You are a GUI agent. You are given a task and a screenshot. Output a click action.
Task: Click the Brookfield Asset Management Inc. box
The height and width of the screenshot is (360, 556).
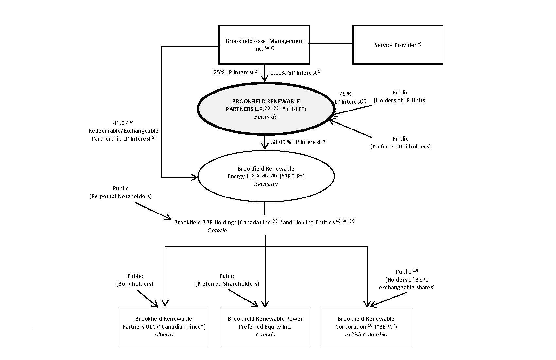click(x=264, y=44)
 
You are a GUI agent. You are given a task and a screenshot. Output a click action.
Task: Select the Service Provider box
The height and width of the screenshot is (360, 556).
click(x=397, y=45)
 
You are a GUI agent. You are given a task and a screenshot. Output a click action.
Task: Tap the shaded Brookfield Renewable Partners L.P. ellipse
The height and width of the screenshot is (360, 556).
click(x=266, y=109)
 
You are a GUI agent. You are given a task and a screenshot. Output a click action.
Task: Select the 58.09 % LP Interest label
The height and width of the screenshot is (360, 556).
click(x=298, y=142)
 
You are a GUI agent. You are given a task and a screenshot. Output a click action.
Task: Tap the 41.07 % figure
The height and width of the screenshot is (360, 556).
click(x=123, y=123)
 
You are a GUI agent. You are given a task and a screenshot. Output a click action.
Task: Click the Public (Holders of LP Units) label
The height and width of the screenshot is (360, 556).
click(x=400, y=96)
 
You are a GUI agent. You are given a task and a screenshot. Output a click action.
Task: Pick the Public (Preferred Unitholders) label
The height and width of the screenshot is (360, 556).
click(x=400, y=143)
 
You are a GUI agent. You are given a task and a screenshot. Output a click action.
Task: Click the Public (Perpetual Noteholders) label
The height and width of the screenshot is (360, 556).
click(x=120, y=192)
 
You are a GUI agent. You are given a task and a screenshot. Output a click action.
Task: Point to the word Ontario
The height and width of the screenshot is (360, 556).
click(x=217, y=230)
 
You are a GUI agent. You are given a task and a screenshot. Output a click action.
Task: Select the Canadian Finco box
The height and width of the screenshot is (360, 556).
click(x=164, y=326)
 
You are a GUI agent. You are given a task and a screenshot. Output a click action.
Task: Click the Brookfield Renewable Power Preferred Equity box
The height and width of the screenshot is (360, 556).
click(x=265, y=326)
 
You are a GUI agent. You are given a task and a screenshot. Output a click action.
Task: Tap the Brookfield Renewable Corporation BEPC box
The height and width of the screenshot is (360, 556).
click(x=366, y=326)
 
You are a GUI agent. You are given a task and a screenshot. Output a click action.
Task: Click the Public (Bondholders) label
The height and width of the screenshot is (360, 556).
click(x=135, y=280)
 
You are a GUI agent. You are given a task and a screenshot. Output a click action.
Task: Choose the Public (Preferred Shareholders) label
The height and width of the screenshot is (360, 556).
click(x=227, y=280)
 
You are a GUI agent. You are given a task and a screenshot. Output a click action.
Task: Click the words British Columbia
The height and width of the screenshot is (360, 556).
click(x=366, y=334)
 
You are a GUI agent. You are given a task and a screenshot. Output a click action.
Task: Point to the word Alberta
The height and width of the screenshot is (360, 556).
click(x=164, y=334)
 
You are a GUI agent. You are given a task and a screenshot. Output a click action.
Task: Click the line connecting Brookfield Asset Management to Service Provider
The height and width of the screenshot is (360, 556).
click(x=331, y=44)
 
